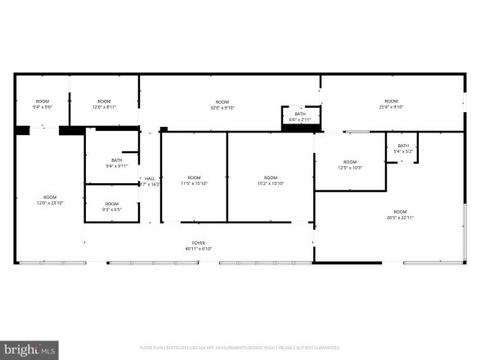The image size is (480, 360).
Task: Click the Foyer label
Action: click(198, 243)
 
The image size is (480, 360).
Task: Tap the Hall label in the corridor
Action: click(150, 178)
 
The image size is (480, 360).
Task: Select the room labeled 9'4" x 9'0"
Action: click(43, 104)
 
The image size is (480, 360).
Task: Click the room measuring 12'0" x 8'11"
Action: click(104, 104)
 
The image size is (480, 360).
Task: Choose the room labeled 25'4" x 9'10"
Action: click(391, 104)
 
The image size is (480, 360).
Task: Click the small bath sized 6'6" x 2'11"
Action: click(300, 117)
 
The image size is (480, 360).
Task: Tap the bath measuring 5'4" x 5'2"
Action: click(403, 148)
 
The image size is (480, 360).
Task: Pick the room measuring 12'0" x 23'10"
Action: click(50, 199)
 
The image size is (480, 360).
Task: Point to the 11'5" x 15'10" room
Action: click(194, 180)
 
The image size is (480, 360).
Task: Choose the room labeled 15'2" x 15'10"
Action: click(271, 180)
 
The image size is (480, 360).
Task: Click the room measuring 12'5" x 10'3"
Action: click(350, 164)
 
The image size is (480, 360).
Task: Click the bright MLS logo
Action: click(29, 349)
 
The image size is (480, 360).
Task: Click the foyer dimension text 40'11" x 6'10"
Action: click(198, 248)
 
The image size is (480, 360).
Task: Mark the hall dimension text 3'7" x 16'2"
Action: click(150, 184)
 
